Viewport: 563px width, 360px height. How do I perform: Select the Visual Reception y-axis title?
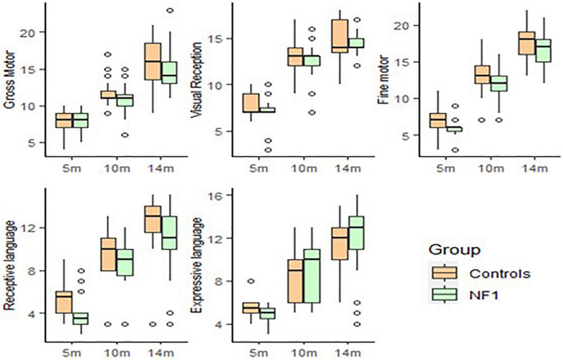pos(196,80)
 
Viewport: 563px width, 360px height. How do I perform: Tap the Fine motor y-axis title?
pos(383,81)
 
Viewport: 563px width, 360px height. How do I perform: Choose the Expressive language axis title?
pos(196,265)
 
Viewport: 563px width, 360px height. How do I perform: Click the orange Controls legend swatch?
pos(445,273)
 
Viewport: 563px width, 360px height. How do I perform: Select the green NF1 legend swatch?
pos(445,295)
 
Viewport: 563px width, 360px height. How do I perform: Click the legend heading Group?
pos(454,250)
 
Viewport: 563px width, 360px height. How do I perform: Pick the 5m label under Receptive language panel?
pos(72,353)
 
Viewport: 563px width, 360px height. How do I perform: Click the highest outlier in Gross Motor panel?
pos(170,11)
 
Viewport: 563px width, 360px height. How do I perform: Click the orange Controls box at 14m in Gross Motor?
pos(153,61)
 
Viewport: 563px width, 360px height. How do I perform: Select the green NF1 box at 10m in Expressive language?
pos(311,276)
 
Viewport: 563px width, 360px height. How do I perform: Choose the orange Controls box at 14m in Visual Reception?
pos(340,36)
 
